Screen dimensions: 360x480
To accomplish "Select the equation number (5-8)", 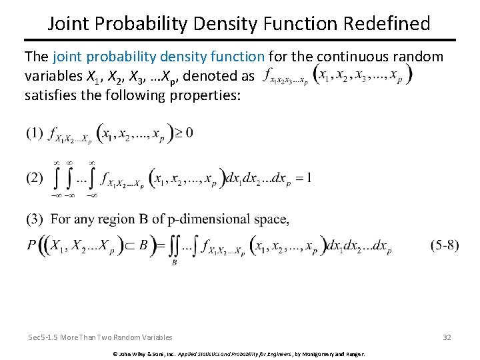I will (x=444, y=245).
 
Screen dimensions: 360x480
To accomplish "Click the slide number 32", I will (x=447, y=337).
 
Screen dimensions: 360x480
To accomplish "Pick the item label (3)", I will (x=35, y=219).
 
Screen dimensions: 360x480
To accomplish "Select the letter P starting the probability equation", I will (x=31, y=245).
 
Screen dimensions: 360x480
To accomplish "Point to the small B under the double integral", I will (x=174, y=263).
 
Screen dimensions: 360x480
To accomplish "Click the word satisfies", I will (x=48, y=94).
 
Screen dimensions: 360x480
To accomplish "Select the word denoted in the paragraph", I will (x=213, y=76).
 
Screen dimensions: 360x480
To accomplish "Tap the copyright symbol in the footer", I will (x=115, y=353).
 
